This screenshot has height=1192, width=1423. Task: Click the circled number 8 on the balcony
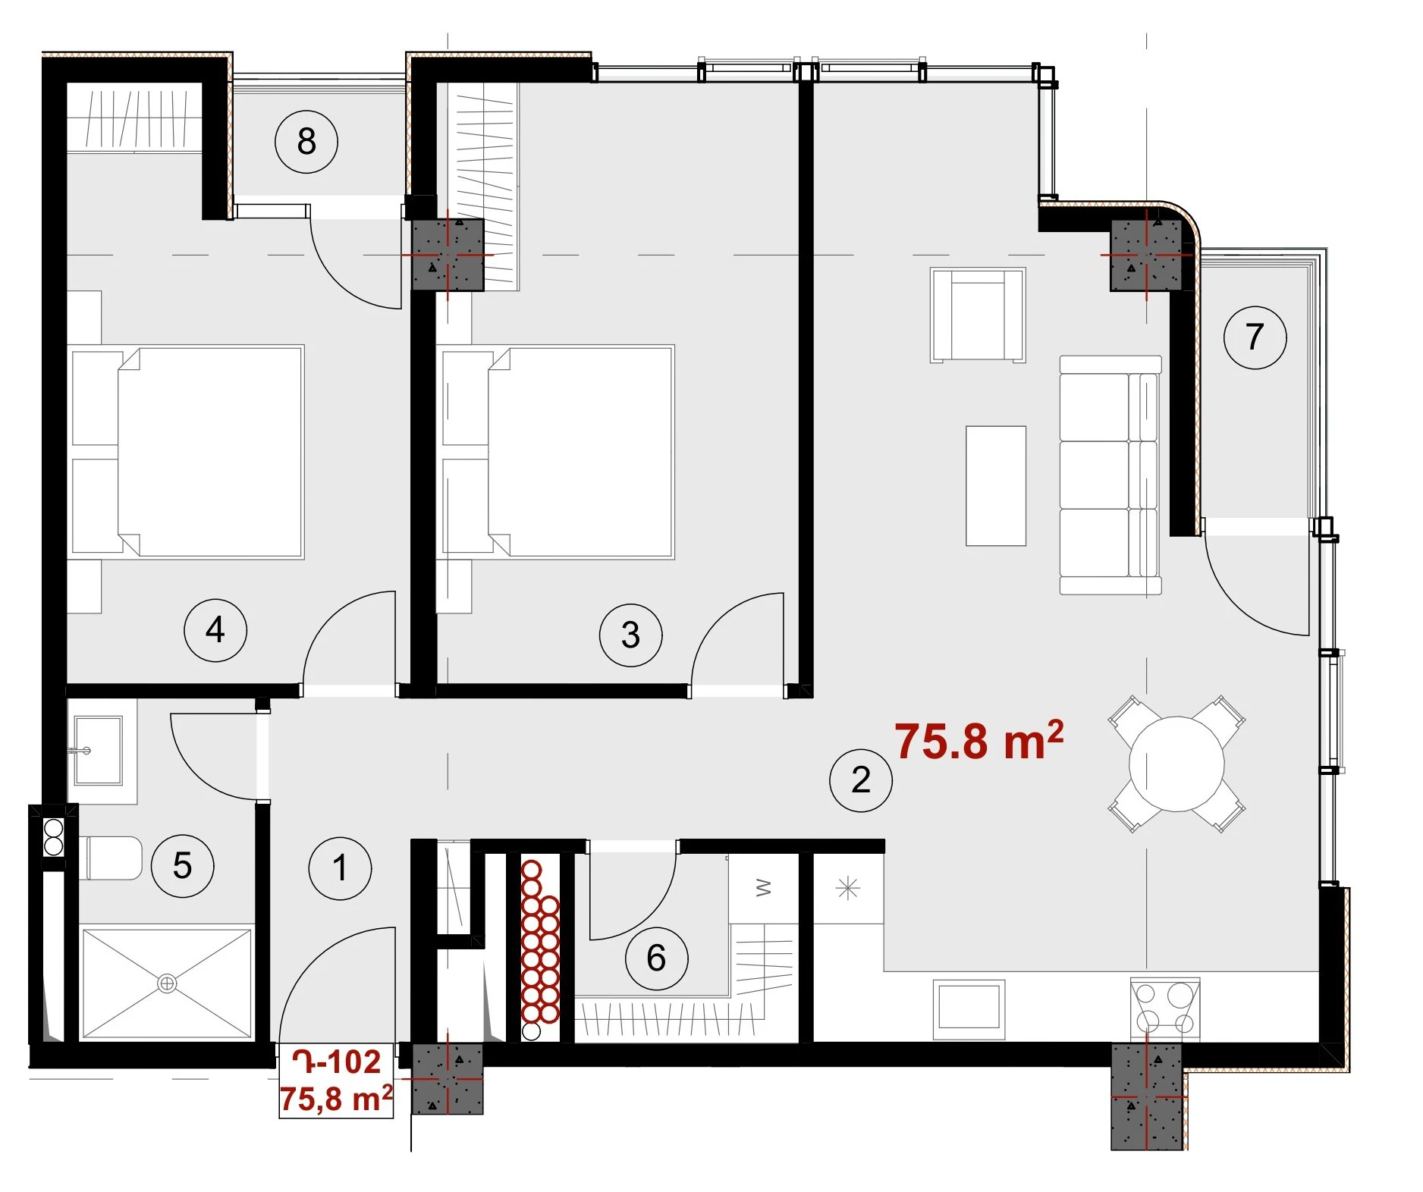(306, 141)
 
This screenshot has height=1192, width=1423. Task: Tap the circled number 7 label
(1255, 337)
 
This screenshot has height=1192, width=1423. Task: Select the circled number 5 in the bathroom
(182, 865)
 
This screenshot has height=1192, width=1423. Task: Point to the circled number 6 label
(656, 958)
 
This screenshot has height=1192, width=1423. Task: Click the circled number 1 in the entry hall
(340, 868)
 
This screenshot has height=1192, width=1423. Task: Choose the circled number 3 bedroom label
(630, 635)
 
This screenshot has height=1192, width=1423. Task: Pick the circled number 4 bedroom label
(215, 629)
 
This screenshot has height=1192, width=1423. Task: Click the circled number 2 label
(860, 780)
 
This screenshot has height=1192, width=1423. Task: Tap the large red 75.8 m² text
(979, 740)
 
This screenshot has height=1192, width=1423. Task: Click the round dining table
(1176, 764)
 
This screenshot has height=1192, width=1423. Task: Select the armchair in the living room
(978, 315)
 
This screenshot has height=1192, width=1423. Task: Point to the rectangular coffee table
(995, 485)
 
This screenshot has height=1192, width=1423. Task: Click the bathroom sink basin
(98, 750)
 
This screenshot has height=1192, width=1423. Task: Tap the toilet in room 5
(111, 858)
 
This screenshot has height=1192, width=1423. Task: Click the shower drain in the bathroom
(166, 984)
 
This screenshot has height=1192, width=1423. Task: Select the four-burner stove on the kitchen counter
(1165, 1008)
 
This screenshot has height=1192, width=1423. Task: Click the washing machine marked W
(763, 888)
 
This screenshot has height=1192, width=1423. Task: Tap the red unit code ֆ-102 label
(336, 1062)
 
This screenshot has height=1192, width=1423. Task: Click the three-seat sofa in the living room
(1110, 475)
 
